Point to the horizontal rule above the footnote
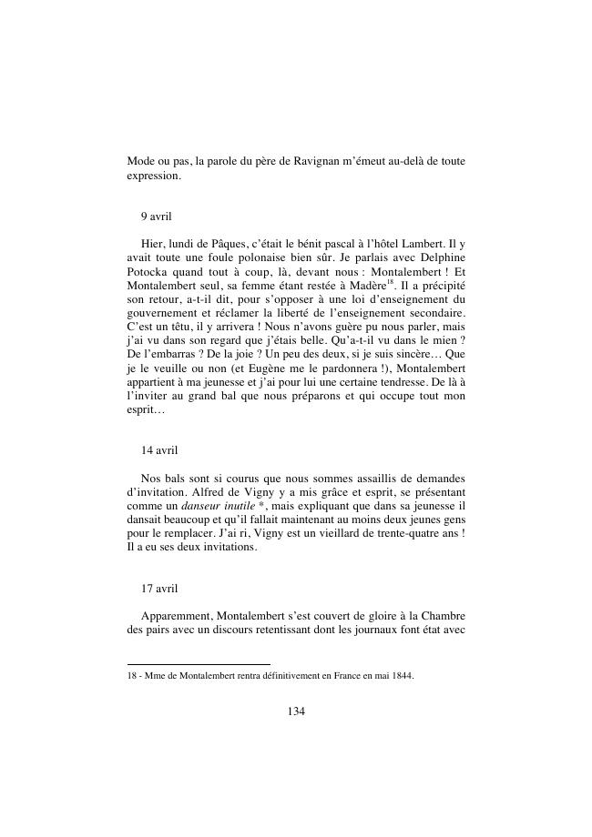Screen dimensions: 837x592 click(199, 664)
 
